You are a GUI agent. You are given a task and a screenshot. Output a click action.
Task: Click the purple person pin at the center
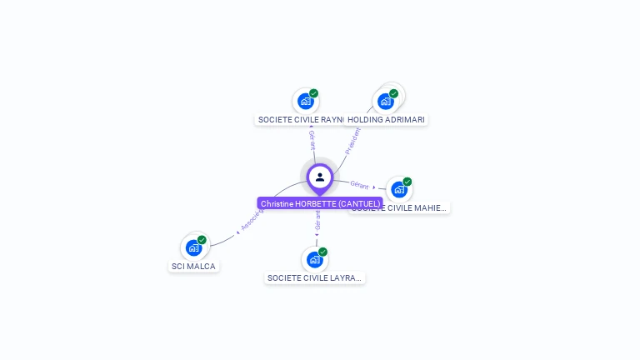pyautogui.click(x=320, y=177)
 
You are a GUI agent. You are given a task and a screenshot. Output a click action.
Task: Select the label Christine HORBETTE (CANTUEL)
pyautogui.click(x=320, y=203)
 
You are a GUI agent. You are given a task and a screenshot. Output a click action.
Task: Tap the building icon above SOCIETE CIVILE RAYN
pyautogui.click(x=305, y=101)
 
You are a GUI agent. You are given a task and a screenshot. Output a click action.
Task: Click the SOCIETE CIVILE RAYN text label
pyautogui.click(x=301, y=120)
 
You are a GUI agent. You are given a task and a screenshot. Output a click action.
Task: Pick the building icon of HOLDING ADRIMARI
pyautogui.click(x=385, y=101)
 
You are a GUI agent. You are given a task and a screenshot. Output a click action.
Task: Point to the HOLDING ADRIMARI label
pyautogui.click(x=387, y=120)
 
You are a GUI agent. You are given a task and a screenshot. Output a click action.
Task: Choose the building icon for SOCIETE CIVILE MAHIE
pyautogui.click(x=398, y=189)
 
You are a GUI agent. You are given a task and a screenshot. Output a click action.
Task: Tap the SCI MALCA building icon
pyautogui.click(x=193, y=247)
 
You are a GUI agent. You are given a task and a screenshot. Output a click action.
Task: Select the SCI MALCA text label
pyautogui.click(x=193, y=267)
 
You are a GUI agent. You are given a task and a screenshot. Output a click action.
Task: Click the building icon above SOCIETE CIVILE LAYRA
pyautogui.click(x=314, y=259)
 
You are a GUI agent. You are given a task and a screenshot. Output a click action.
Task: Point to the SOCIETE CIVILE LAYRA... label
pyautogui.click(x=315, y=277)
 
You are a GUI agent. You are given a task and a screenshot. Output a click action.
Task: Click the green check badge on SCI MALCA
pyautogui.click(x=202, y=240)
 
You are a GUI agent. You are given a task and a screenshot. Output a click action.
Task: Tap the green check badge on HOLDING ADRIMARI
pyautogui.click(x=393, y=93)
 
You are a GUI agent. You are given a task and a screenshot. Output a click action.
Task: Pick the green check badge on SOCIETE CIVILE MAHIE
pyautogui.click(x=407, y=182)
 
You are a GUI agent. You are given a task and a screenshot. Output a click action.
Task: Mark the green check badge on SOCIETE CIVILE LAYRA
pyautogui.click(x=322, y=252)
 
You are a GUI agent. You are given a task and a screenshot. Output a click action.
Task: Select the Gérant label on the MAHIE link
pyautogui.click(x=359, y=184)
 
